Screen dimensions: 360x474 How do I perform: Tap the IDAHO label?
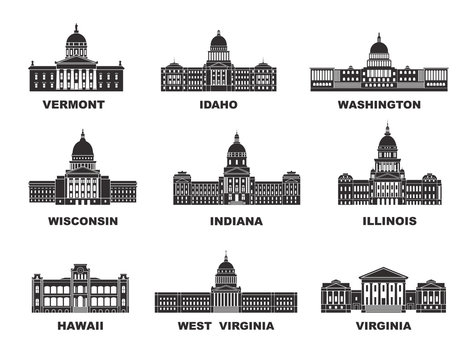pyautogui.click(x=218, y=104)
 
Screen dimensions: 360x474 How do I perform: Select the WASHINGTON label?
pyautogui.click(x=378, y=104)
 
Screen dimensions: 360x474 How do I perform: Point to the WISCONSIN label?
pyautogui.click(x=83, y=220)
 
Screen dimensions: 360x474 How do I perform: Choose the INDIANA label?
pyautogui.click(x=236, y=220)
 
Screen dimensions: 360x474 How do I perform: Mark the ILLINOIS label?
pyautogui.click(x=388, y=220)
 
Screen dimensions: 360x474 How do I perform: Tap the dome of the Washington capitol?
pyautogui.click(x=379, y=47)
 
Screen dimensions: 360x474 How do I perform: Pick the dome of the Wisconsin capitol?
pyautogui.click(x=83, y=148)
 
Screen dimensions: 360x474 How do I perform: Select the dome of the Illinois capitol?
pyautogui.click(x=388, y=142)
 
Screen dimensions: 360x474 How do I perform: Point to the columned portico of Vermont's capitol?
pyautogui.click(x=76, y=72)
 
